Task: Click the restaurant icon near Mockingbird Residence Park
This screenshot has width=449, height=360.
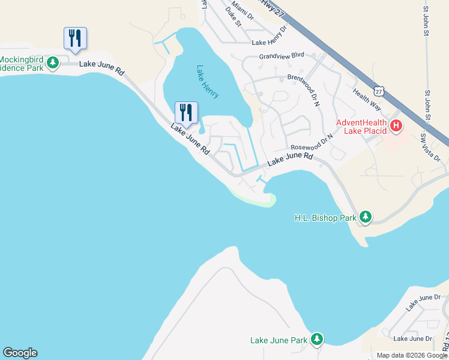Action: (75, 38)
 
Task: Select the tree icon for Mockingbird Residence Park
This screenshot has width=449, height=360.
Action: (53, 62)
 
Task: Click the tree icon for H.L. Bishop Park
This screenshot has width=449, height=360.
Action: (365, 217)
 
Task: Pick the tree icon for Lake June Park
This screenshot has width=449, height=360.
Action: (316, 340)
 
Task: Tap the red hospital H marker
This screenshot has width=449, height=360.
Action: (396, 126)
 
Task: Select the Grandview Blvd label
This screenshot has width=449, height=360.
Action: (282, 55)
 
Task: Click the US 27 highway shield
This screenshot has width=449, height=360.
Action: (378, 91)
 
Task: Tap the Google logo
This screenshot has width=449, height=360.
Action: (20, 353)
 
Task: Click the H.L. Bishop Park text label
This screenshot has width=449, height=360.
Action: (325, 218)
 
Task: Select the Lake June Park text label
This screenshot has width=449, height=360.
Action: (279, 341)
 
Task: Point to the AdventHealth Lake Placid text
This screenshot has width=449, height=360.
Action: (361, 127)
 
